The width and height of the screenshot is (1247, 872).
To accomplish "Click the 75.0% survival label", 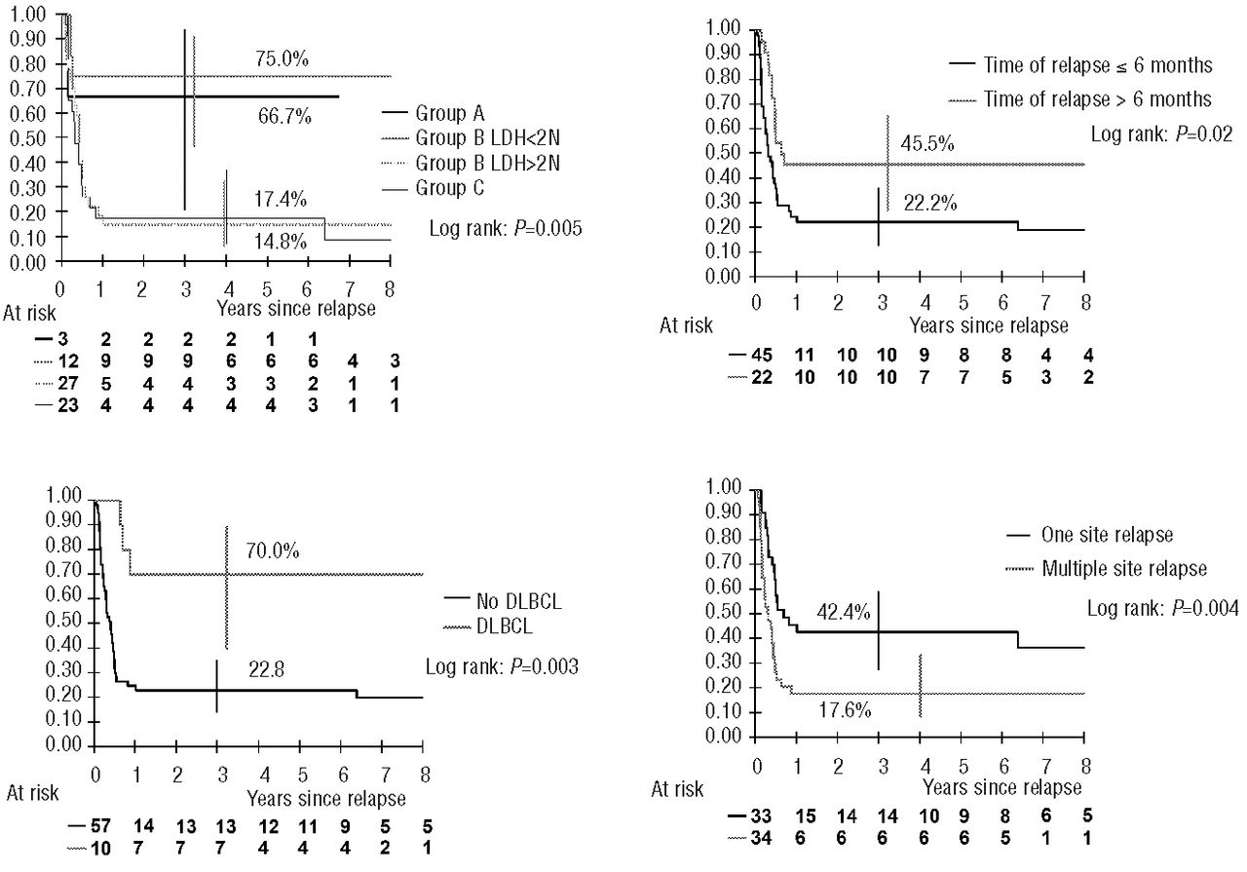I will point(283,59).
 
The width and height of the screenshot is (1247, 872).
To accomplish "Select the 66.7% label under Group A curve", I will point(284,117).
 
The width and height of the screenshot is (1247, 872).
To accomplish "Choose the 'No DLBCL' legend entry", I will point(507,601).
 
